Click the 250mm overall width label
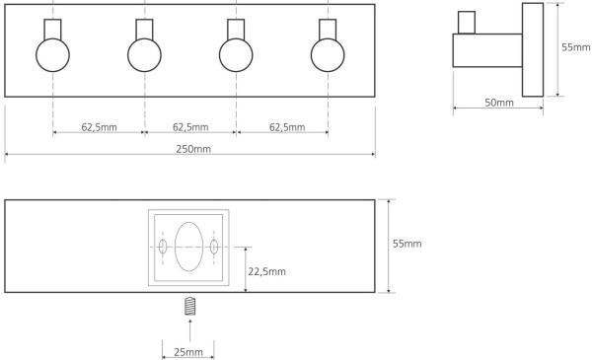tap(193, 149)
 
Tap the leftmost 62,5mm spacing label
tap(99, 127)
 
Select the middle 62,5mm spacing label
tap(190, 127)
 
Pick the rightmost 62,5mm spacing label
tap(287, 127)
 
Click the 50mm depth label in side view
tap(499, 103)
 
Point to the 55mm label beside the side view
tap(576, 47)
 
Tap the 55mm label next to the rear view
tap(407, 244)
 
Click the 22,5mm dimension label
tap(266, 271)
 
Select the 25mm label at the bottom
tap(188, 352)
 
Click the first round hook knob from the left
tap(53, 55)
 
